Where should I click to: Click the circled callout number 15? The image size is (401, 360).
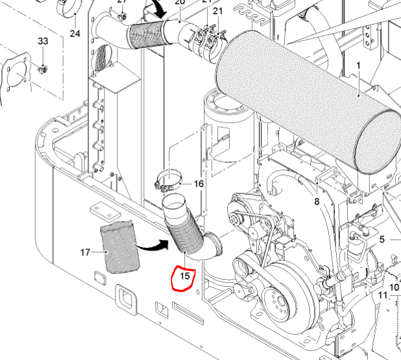pos(185,276)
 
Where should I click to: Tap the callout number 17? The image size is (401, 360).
pos(84,252)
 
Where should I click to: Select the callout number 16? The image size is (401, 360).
pos(199,184)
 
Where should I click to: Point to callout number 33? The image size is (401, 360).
pos(43,42)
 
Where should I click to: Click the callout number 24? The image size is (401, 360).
pos(75,33)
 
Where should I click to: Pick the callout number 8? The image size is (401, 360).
pos(317,202)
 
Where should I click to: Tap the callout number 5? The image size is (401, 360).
pos(382,239)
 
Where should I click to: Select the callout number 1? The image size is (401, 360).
pos(357,66)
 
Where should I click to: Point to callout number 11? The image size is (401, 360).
pos(383,296)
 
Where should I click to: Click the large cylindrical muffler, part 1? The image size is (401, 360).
pos(305,104)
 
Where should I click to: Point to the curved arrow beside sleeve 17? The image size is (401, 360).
pos(154,245)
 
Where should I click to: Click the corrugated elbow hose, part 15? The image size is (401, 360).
pos(188,237)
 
